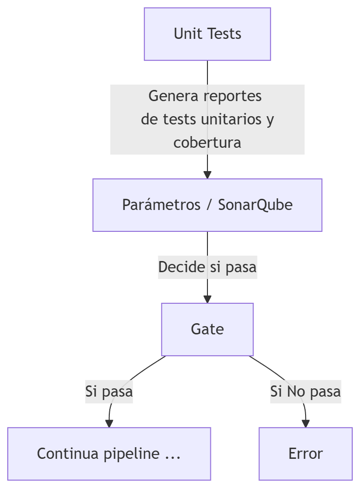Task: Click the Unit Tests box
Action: [x=207, y=34]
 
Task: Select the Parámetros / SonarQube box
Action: [x=207, y=205]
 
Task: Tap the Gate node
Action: [x=207, y=330]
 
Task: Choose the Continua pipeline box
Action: [x=109, y=454]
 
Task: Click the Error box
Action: [x=306, y=454]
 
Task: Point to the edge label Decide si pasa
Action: [x=207, y=267]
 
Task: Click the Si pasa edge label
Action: [x=109, y=391]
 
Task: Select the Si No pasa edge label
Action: [x=306, y=391]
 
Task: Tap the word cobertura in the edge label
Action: [x=207, y=143]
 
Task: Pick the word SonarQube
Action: [x=255, y=205]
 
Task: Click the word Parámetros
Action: [x=161, y=205]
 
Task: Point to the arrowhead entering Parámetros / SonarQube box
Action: [x=207, y=175]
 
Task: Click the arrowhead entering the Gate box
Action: [x=207, y=299]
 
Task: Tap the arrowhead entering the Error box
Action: [x=306, y=424]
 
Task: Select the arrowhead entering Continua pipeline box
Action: [x=109, y=424]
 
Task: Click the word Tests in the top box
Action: [x=224, y=34]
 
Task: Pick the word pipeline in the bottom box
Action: [x=131, y=454]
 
